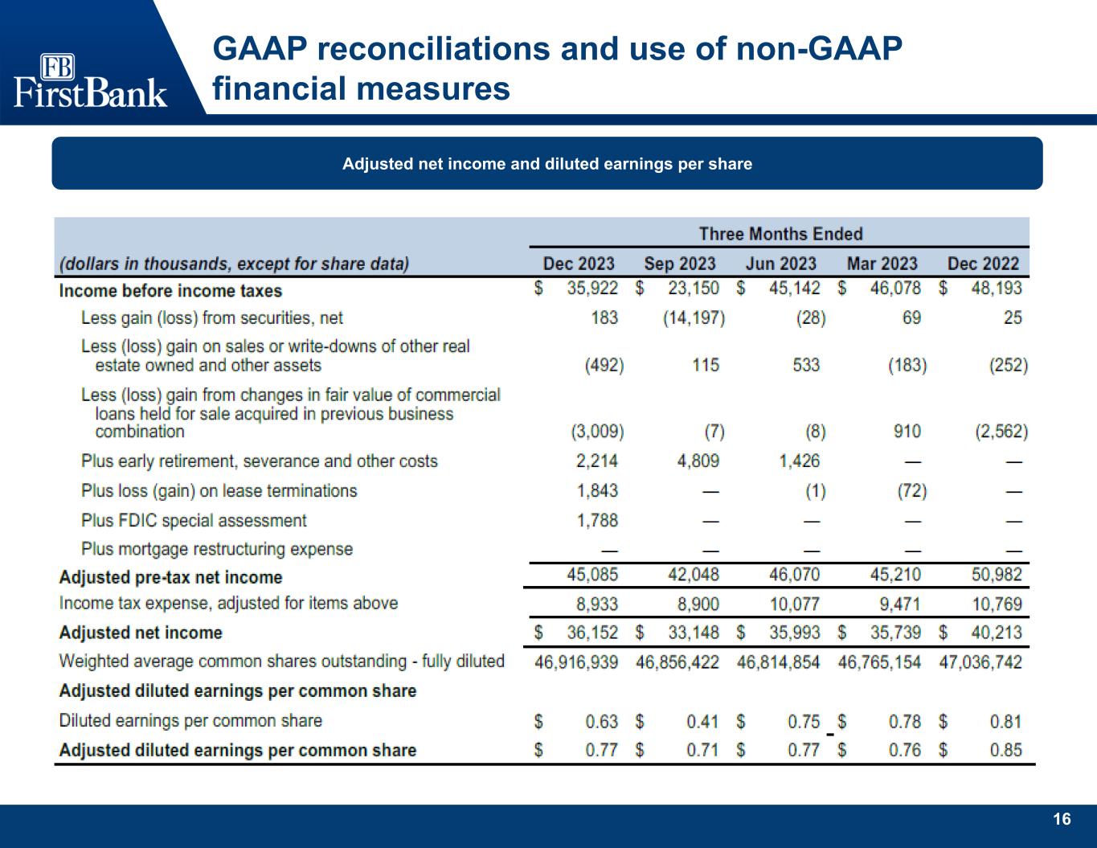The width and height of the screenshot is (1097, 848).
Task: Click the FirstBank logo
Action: pyautogui.click(x=90, y=81)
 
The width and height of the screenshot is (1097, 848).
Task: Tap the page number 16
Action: pyautogui.click(x=1062, y=819)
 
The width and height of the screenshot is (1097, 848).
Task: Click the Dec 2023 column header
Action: pyautogui.click(x=578, y=264)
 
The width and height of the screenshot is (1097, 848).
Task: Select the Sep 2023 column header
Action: pyautogui.click(x=679, y=264)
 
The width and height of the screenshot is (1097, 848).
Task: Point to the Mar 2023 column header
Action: pyautogui.click(x=882, y=264)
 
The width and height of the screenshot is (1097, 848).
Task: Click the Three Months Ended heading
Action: pyautogui.click(x=780, y=234)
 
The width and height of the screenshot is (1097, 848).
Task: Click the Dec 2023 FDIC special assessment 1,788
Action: pyautogui.click(x=597, y=520)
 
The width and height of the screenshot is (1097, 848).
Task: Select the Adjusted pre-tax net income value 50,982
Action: pyautogui.click(x=997, y=574)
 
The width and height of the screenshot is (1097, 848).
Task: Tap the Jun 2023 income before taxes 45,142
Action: pyautogui.click(x=794, y=288)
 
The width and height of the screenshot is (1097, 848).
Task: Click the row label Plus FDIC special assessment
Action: pyautogui.click(x=194, y=520)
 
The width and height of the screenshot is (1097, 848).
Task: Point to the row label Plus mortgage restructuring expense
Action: pyautogui.click(x=217, y=549)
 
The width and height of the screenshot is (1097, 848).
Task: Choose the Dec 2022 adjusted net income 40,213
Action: pyautogui.click(x=997, y=633)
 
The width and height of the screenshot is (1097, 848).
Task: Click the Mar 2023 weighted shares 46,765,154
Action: pyautogui.click(x=879, y=662)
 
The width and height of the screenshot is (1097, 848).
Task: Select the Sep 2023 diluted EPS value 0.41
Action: pyautogui.click(x=702, y=721)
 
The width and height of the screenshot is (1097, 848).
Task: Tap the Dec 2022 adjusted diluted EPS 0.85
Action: pyautogui.click(x=1005, y=750)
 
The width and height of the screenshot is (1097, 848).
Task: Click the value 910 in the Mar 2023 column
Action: pyautogui.click(x=907, y=432)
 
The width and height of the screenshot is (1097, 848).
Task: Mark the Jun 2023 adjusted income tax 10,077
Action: pyautogui.click(x=794, y=604)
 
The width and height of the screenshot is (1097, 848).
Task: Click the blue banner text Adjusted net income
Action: pyautogui.click(x=546, y=164)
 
